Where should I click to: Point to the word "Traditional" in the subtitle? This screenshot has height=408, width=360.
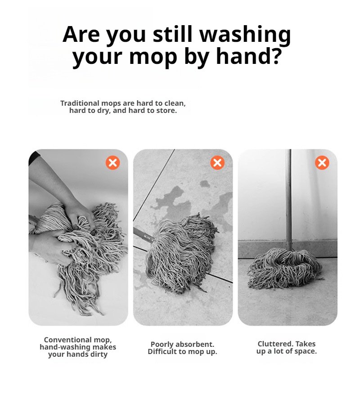pyautogui.click(x=80, y=103)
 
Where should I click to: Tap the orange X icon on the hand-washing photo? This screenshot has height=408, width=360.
pyautogui.click(x=112, y=163)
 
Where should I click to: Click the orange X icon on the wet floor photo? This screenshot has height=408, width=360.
pyautogui.click(x=217, y=163)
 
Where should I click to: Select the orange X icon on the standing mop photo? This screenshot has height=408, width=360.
pyautogui.click(x=322, y=163)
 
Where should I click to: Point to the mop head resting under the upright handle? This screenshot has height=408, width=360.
pyautogui.click(x=284, y=269)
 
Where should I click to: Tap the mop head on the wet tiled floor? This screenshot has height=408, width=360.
pyautogui.click(x=180, y=252)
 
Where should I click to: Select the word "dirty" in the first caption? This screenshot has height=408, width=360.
pyautogui.click(x=99, y=354)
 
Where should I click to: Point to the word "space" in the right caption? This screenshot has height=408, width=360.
pyautogui.click(x=306, y=351)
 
